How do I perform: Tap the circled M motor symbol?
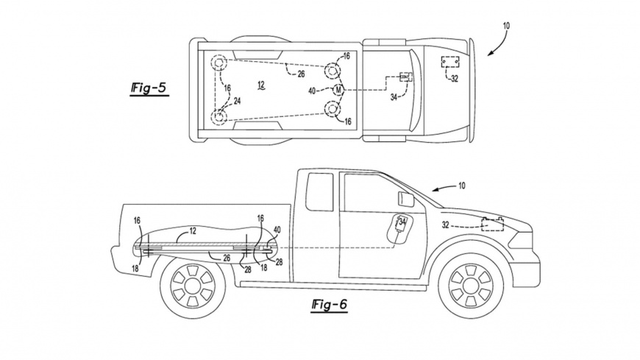(x=338, y=89)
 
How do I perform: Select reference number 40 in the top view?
(x=313, y=91)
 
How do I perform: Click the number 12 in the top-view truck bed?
(x=260, y=86)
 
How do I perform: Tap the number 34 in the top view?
(x=394, y=96)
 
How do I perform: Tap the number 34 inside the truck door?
(x=402, y=220)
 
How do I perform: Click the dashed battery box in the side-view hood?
(x=494, y=225)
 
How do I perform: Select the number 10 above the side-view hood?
(x=462, y=187)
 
